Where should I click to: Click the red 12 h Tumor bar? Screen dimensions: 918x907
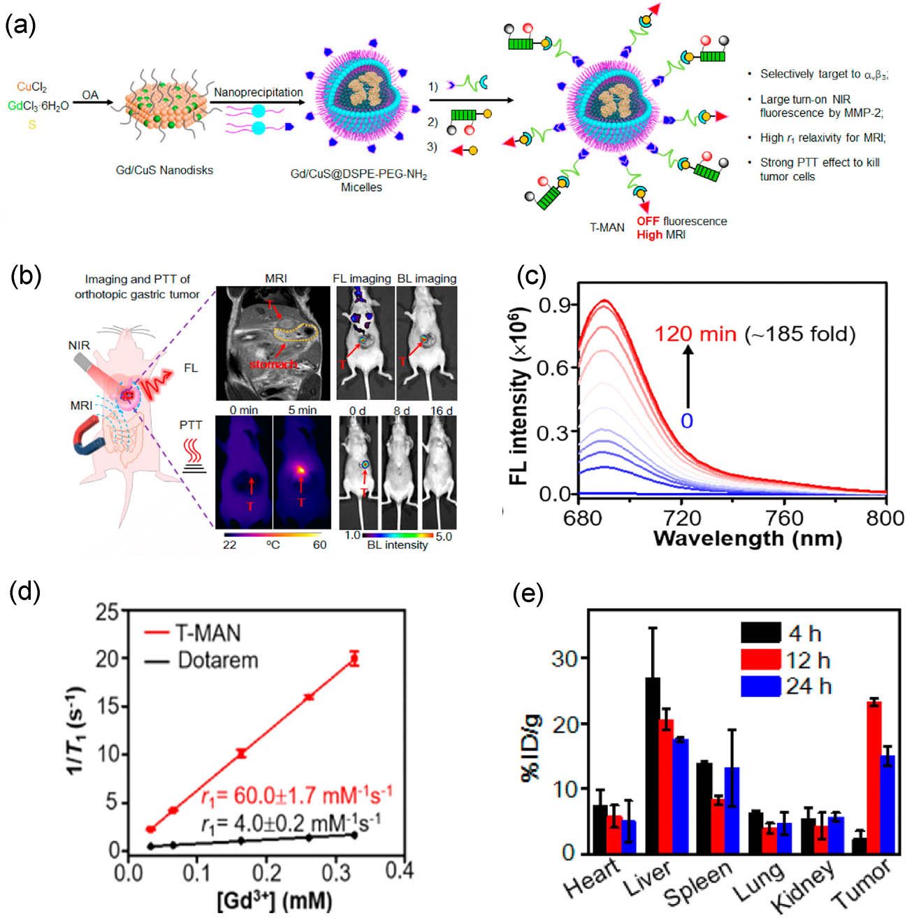[x=873, y=776]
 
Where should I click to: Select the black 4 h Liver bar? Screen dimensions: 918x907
[x=652, y=766]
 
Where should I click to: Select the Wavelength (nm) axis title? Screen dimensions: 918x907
[x=747, y=538]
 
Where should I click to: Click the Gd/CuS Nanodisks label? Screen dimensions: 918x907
[x=164, y=170]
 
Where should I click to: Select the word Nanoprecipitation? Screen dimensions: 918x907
[x=258, y=92]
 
